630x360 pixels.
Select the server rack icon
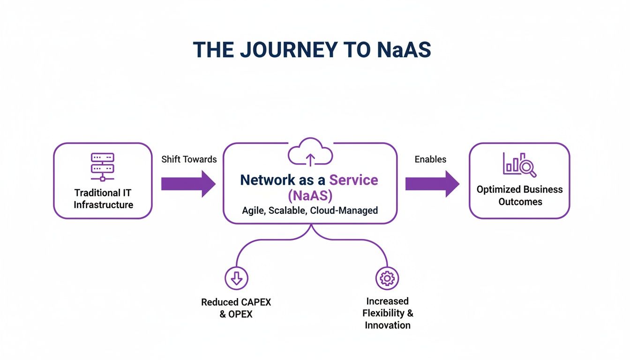coord(103,166)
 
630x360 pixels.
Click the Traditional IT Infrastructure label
coord(103,199)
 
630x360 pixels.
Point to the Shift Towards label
coord(189,159)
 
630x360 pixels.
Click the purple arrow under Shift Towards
coord(188,184)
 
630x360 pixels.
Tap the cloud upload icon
coord(310,153)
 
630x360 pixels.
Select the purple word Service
coord(353,180)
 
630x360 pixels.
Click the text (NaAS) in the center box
coord(310,195)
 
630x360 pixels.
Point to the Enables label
coord(430,159)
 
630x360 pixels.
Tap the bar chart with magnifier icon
coord(519,165)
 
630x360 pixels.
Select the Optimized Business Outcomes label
coord(519,195)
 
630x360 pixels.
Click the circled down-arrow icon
coord(237,278)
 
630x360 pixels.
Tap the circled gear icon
coord(387,278)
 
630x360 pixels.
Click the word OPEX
coord(241,315)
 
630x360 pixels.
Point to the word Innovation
coord(388,325)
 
